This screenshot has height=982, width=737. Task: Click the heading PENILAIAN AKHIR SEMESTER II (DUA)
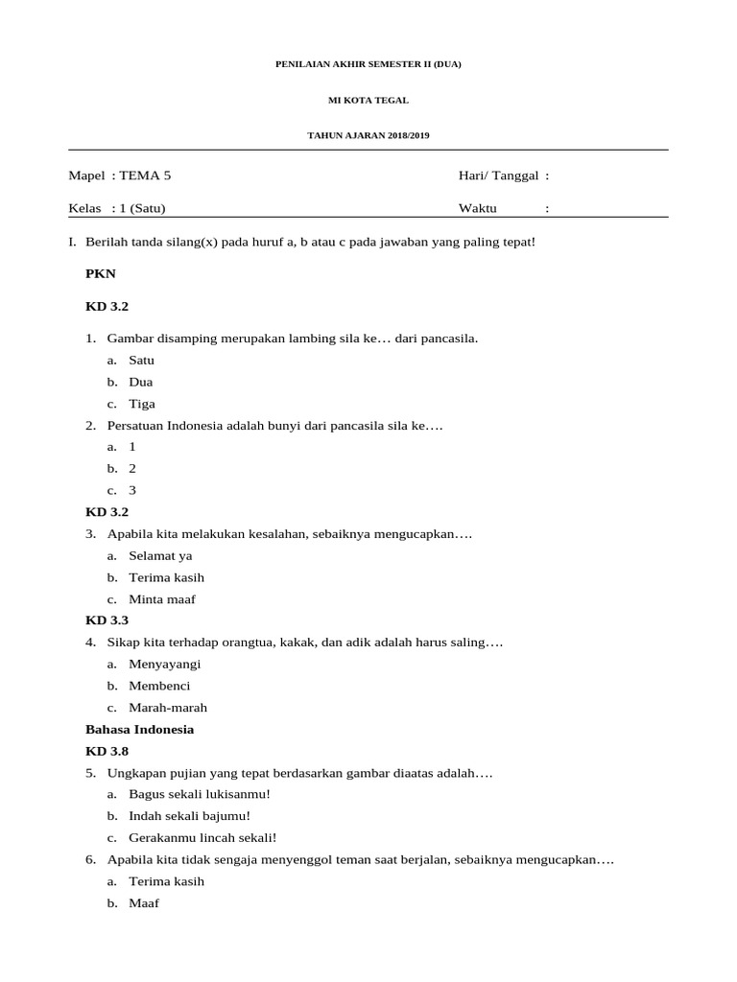[x=368, y=64]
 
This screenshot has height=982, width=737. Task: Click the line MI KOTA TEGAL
[x=368, y=100]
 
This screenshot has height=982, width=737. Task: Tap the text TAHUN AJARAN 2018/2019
[x=368, y=135]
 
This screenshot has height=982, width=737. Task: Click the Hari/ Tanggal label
[x=498, y=175]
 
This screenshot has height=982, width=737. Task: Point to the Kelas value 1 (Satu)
[x=145, y=208]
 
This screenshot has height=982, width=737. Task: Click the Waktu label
[x=478, y=208]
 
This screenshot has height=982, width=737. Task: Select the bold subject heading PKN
[x=101, y=273]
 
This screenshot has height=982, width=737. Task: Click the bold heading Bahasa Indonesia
[x=140, y=729]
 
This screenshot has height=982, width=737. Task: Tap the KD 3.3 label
[x=107, y=620]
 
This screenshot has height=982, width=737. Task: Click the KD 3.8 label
[x=107, y=751]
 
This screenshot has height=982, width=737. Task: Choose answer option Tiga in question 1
[x=142, y=404]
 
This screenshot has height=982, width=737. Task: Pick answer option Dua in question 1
[x=141, y=382]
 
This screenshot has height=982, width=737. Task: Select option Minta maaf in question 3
[x=162, y=599]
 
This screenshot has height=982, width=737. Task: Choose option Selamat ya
[x=160, y=555]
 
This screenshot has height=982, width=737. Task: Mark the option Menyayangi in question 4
[x=165, y=664]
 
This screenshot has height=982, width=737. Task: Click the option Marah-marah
[x=168, y=708]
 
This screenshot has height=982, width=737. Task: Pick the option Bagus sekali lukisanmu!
[x=200, y=794]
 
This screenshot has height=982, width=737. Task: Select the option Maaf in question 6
[x=144, y=903]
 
